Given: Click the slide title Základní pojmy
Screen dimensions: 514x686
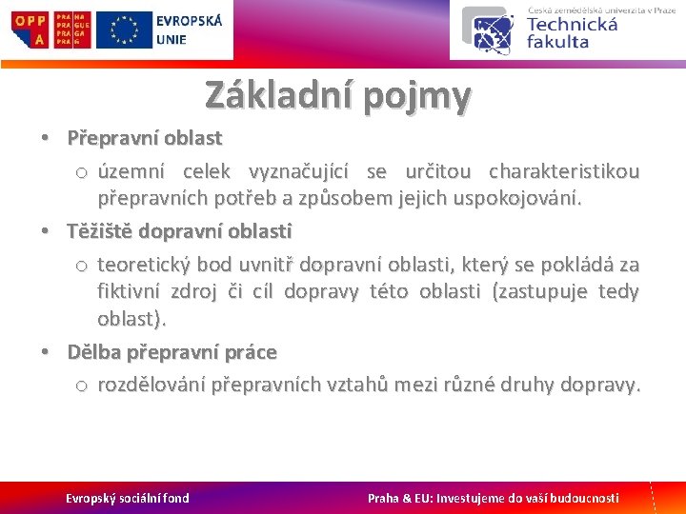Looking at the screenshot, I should click(x=337, y=95).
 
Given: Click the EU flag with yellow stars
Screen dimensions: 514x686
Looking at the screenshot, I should click(x=124, y=30).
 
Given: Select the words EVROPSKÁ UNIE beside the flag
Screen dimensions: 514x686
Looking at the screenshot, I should click(x=188, y=30).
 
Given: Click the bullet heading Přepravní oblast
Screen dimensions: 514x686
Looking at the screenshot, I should click(x=144, y=138).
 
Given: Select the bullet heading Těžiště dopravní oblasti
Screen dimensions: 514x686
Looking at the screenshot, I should click(x=179, y=231).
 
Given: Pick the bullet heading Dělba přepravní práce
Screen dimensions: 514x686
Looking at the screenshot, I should click(x=171, y=352).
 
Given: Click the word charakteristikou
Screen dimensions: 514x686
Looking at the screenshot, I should click(x=563, y=172).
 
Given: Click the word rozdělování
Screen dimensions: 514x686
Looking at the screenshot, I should click(x=151, y=385).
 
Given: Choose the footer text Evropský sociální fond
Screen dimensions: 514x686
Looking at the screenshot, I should click(x=127, y=498).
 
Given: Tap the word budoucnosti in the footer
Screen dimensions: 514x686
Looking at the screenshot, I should click(x=582, y=498).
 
